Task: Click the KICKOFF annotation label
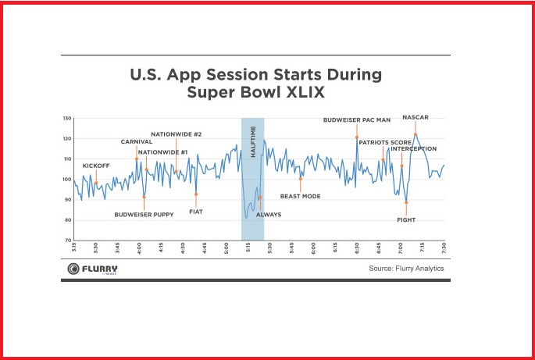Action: (x=96, y=166)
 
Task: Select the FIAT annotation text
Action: (x=196, y=211)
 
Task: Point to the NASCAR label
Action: (x=416, y=117)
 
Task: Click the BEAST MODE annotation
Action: (x=301, y=196)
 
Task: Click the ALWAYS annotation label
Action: (x=269, y=213)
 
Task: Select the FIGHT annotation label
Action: (x=406, y=219)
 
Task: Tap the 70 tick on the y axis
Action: (x=68, y=241)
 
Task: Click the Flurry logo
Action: (x=92, y=269)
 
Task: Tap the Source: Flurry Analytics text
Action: (x=406, y=268)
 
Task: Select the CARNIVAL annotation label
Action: (x=136, y=141)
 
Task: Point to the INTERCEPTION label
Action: (x=414, y=148)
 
